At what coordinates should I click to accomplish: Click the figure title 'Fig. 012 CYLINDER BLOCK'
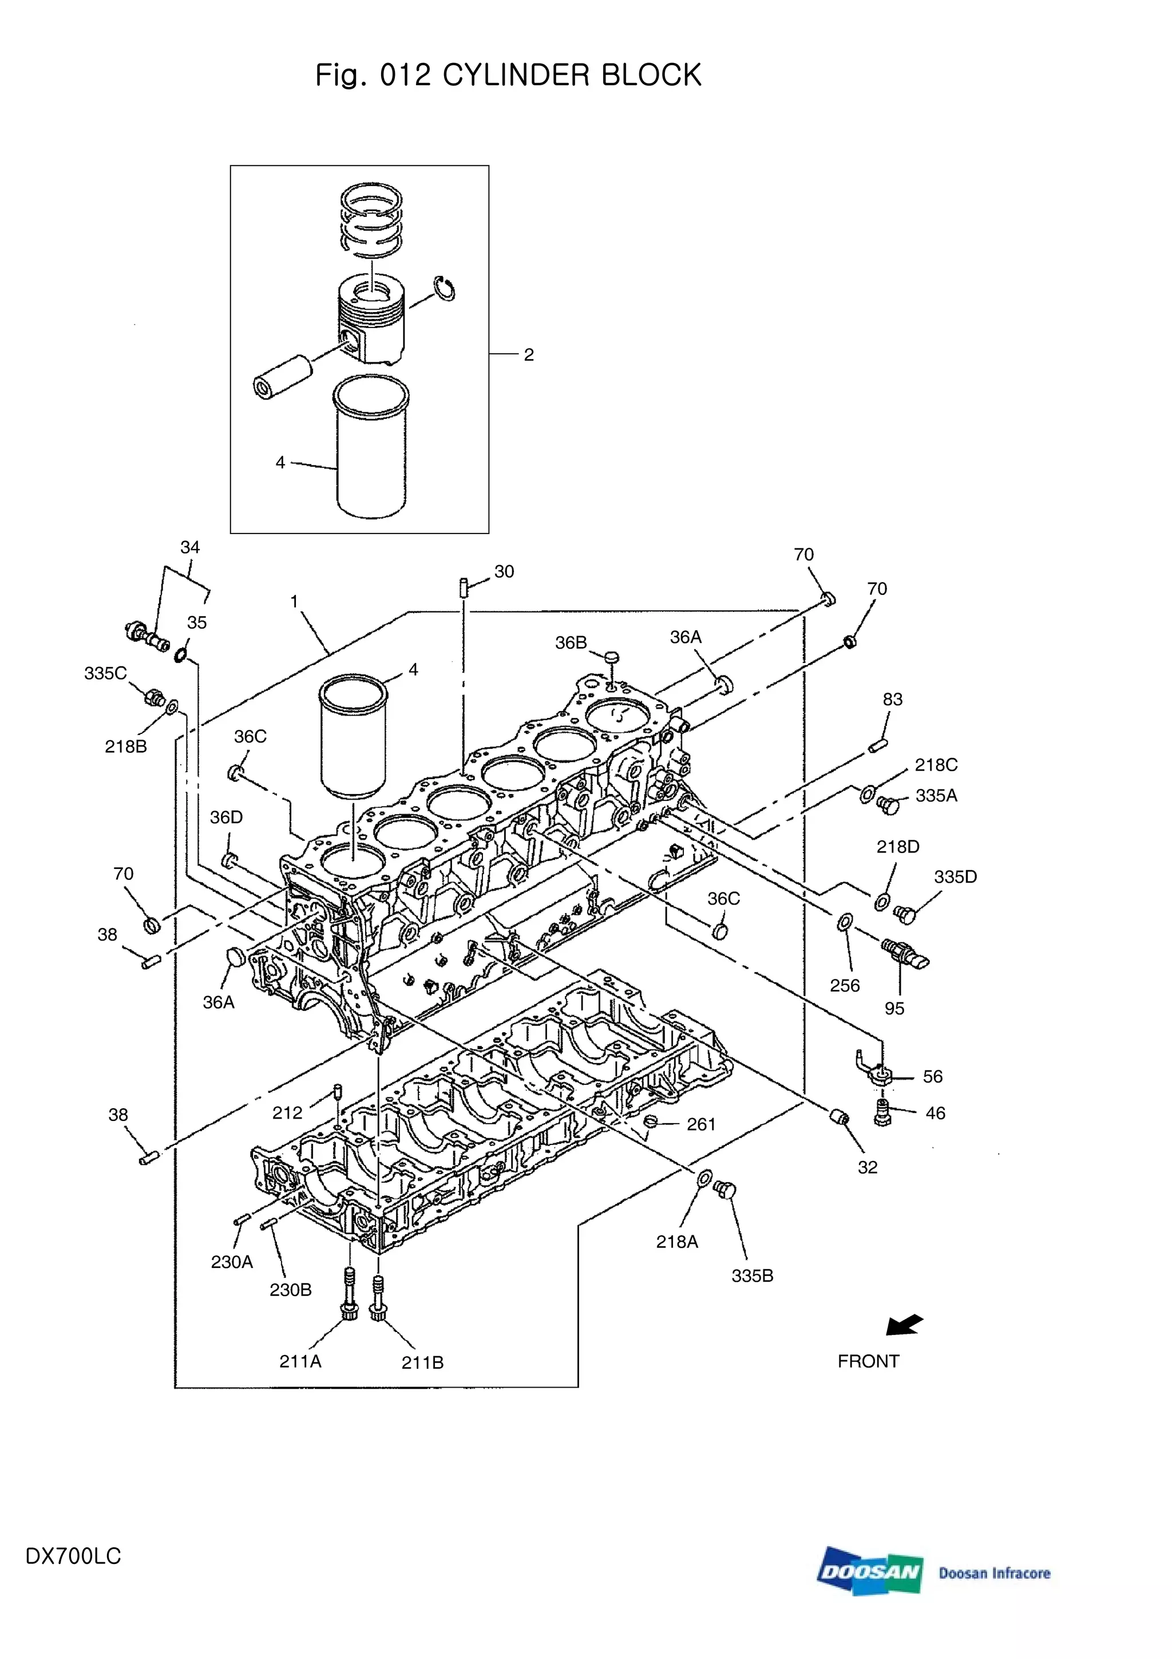pyautogui.click(x=508, y=75)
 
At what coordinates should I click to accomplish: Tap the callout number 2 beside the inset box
pyautogui.click(x=529, y=355)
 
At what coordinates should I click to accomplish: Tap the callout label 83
pyautogui.click(x=893, y=700)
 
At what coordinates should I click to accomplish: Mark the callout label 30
pyautogui.click(x=504, y=571)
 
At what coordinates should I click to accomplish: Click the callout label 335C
pyautogui.click(x=105, y=673)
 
